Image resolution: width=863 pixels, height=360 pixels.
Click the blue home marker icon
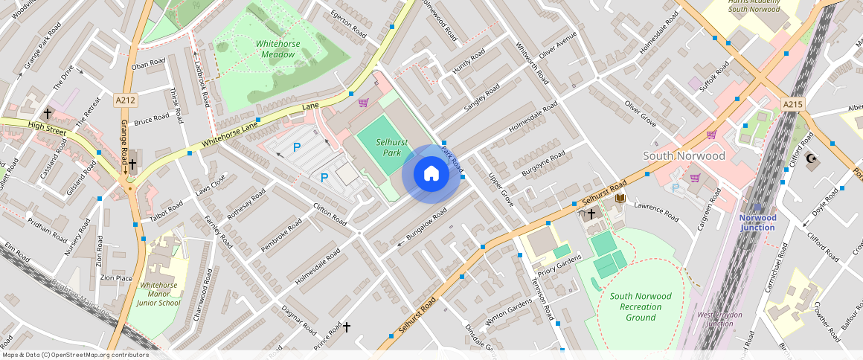431,174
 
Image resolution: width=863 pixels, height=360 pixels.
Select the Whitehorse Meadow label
277,49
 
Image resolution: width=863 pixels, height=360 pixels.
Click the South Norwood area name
683,156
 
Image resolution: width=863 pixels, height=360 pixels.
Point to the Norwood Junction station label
757,222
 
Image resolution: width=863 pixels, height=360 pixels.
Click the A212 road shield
125,100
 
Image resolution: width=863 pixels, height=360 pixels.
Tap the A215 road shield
792,105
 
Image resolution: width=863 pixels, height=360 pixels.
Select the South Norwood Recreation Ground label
641,306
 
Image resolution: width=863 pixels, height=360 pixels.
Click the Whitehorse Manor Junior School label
160,294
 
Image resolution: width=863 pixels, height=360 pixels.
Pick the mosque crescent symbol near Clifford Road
811,158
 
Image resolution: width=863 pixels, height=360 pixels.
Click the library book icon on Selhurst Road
620,199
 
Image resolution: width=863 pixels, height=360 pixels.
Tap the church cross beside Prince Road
346,327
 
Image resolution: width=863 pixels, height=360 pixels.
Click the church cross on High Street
48,114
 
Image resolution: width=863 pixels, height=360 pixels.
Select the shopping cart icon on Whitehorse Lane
363,103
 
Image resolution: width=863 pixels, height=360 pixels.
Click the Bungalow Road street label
422,226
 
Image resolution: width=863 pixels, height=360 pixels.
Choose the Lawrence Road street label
656,213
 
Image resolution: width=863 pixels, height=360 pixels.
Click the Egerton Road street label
348,23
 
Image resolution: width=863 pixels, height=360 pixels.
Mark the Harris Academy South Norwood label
754,6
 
